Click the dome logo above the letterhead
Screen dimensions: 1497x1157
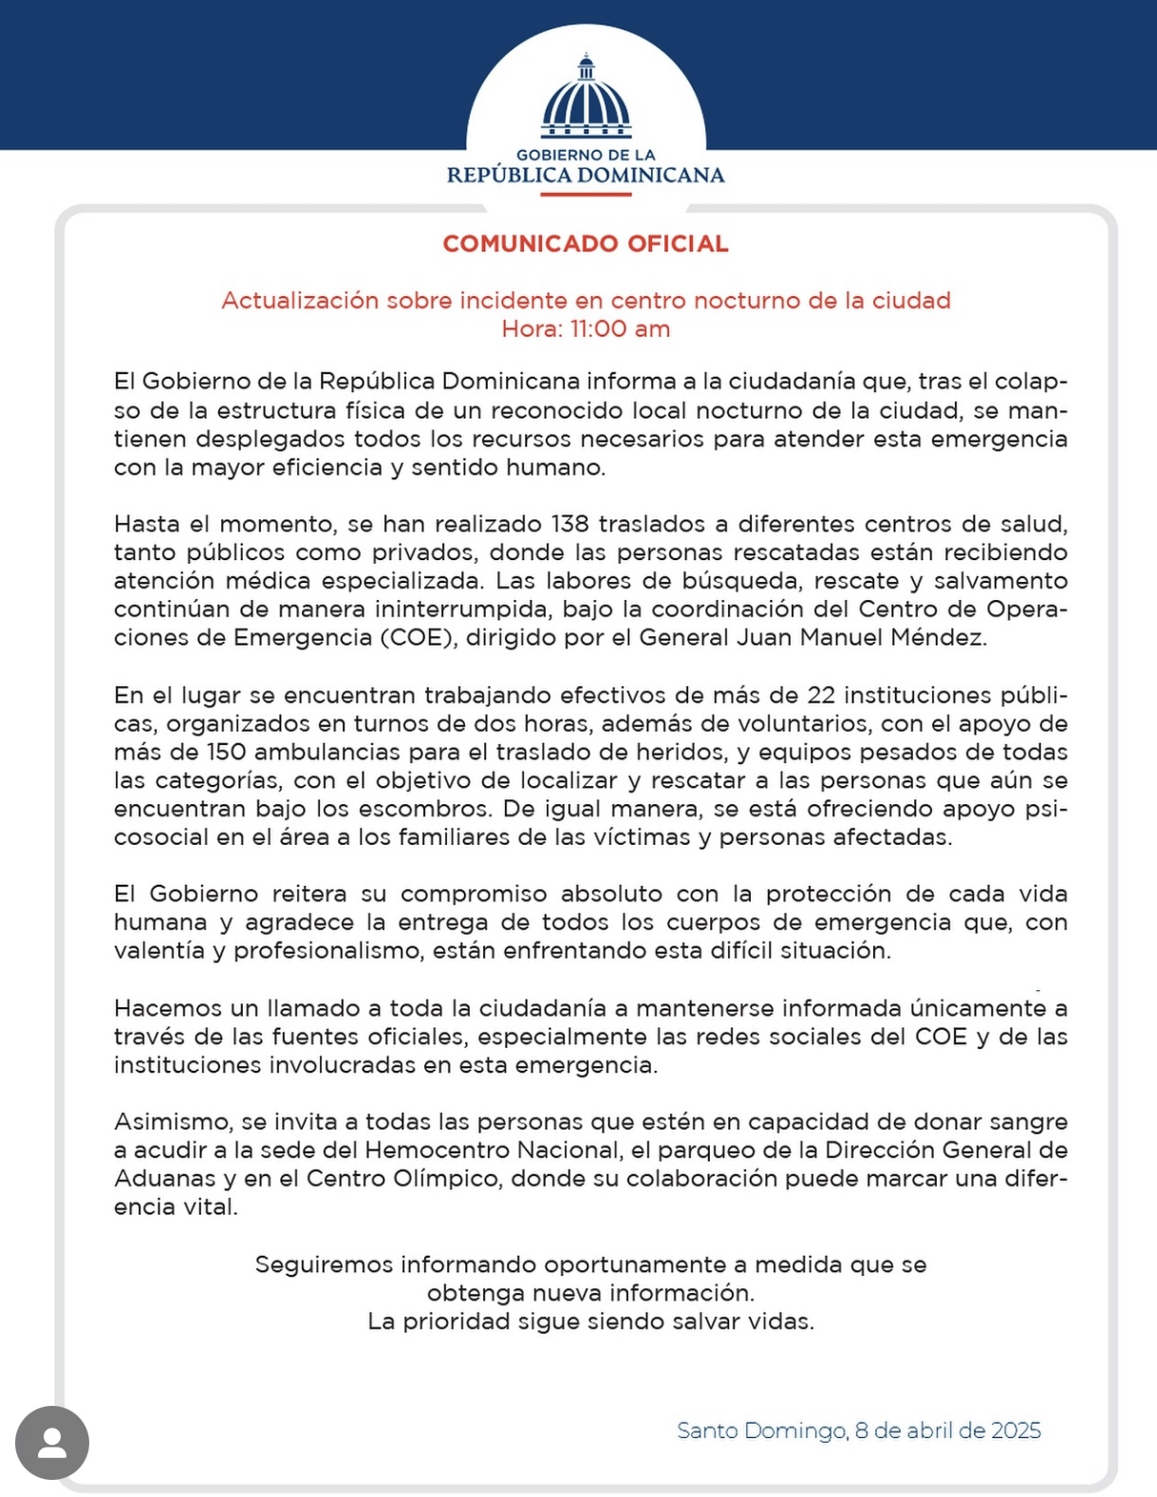tap(586, 98)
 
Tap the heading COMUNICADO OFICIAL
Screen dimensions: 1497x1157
tap(586, 244)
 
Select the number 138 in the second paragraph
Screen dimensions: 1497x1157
tap(569, 524)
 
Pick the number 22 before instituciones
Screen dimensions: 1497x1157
tap(821, 695)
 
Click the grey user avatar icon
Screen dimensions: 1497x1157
tap(52, 1442)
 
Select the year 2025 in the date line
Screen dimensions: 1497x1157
tap(1016, 1431)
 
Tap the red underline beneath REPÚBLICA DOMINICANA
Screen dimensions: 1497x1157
tap(586, 194)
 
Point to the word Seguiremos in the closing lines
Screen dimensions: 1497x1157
tap(324, 1264)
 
